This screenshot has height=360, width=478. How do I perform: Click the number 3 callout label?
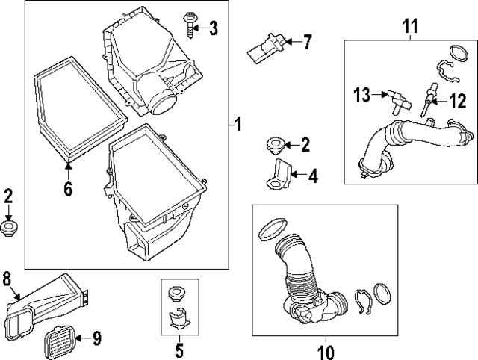(x=214, y=29)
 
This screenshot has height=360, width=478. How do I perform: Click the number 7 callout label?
(x=307, y=41)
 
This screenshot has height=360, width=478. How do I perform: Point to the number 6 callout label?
(x=68, y=190)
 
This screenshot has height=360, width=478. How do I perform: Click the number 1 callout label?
(x=238, y=125)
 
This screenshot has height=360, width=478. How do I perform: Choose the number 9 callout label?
(x=97, y=338)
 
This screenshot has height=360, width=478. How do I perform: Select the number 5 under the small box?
(x=179, y=349)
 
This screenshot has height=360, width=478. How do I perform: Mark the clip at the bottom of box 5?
(x=179, y=320)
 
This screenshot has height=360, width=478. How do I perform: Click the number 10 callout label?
(x=326, y=350)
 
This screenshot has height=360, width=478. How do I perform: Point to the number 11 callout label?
(x=409, y=27)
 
